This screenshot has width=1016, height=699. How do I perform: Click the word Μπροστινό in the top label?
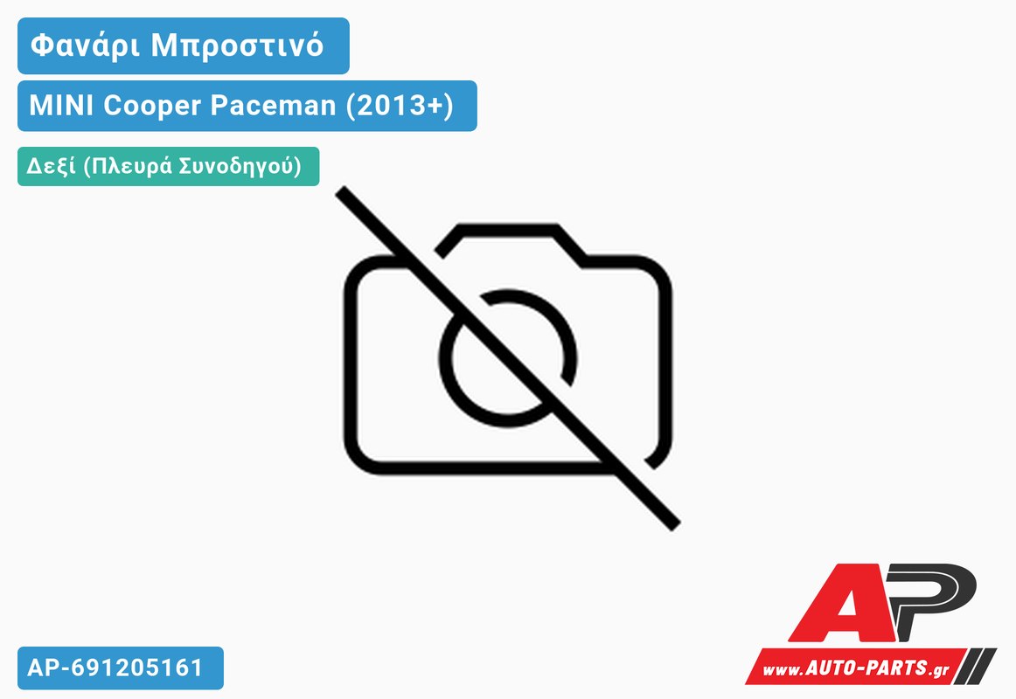coord(237,45)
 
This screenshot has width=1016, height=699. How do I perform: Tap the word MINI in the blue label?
coord(61,105)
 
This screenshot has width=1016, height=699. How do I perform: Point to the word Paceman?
coord(274,106)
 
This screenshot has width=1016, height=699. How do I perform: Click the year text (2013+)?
coord(400,106)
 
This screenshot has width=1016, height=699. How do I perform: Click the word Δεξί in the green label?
coord(52,166)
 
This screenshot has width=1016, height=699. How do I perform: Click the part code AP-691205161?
coord(115,668)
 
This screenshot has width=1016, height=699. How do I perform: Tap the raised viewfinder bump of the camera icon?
coord(509,239)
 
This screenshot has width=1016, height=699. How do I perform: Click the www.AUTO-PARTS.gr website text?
coord(856,668)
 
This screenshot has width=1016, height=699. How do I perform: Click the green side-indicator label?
coord(169,166)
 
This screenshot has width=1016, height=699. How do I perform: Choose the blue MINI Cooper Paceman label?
coord(247,106)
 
